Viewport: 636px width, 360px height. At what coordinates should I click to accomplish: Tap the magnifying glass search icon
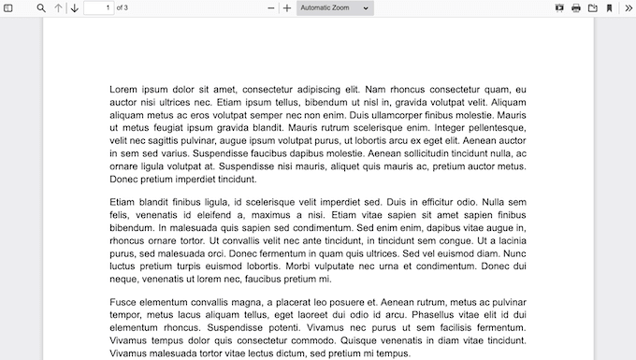pos(41,8)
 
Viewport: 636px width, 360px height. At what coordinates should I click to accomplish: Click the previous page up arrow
pos(58,8)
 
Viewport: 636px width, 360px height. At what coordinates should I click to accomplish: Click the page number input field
pos(97,8)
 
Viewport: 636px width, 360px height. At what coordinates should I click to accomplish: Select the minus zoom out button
pos(271,8)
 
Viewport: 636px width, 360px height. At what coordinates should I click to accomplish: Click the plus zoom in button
pos(287,8)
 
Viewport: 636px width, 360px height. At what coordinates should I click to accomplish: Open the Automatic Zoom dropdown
pos(335,8)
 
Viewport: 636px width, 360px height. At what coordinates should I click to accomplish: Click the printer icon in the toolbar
pos(576,8)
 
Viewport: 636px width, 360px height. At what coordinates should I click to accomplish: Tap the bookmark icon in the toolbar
pos(610,8)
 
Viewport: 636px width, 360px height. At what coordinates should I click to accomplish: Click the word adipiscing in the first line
pos(313,90)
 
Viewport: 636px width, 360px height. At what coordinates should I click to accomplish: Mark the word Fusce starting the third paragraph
pos(123,303)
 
